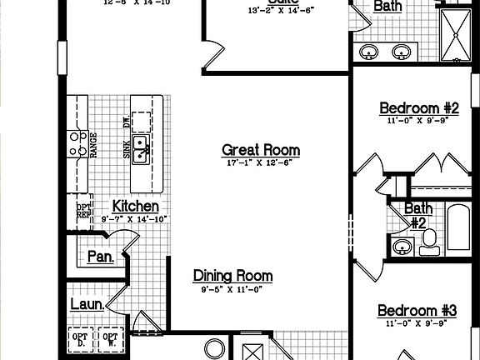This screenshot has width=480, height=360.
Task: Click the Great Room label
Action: [260, 150]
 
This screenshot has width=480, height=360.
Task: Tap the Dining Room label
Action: [232, 276]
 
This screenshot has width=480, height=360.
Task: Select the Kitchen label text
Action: [136, 206]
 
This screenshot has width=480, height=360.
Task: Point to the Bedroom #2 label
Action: [419, 107]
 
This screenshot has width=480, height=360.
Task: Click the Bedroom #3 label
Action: [417, 311]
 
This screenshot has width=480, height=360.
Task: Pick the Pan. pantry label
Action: [101, 257]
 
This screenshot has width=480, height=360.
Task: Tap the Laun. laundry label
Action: [87, 305]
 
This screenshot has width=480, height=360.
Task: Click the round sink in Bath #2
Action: [402, 247]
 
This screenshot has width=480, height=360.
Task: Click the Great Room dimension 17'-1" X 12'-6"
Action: [260, 163]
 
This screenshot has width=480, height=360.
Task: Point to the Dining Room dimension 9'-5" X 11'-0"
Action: [232, 289]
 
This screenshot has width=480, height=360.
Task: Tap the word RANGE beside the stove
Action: [94, 145]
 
